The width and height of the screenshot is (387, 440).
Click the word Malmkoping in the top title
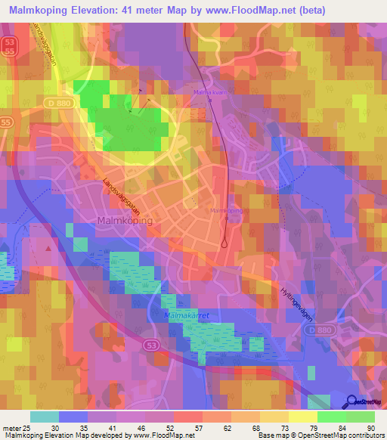[39, 11]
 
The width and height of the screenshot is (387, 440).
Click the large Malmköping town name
[125, 220]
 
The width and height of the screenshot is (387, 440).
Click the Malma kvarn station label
[209, 92]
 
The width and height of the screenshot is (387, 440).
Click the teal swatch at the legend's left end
[44, 416]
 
